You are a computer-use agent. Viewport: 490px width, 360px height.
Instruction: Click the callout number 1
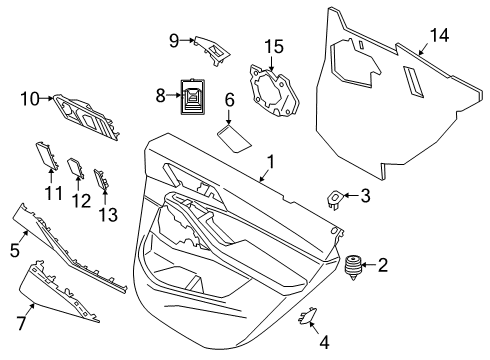pos(269,161)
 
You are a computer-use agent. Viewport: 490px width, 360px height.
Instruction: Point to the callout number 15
pos(274,46)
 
